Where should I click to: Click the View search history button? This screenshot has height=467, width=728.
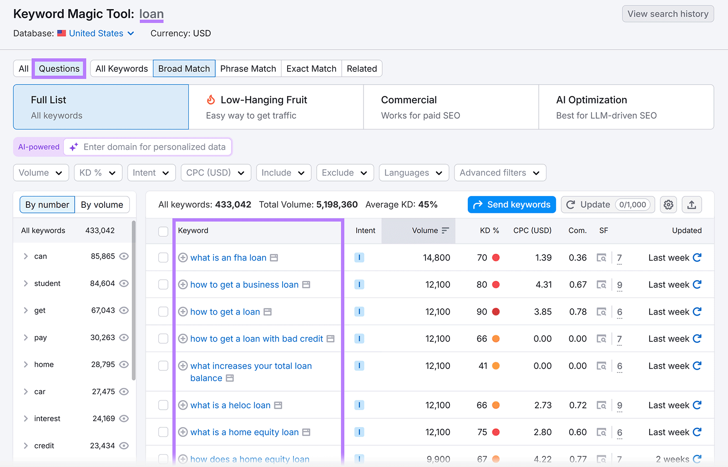(x=667, y=14)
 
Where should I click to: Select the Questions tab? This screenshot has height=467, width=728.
(x=59, y=69)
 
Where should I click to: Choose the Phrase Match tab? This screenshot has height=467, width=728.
(x=248, y=69)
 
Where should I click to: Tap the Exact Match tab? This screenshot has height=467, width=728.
(x=311, y=69)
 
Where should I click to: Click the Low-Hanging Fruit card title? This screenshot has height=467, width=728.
(x=263, y=100)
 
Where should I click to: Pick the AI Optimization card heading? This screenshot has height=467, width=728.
(x=591, y=100)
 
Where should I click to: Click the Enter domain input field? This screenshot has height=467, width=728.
(x=154, y=147)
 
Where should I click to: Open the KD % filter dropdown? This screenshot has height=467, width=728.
(x=98, y=173)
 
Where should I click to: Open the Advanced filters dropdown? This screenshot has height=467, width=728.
(x=500, y=173)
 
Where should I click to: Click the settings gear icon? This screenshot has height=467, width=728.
(x=668, y=205)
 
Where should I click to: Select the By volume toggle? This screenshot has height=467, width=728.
(x=102, y=205)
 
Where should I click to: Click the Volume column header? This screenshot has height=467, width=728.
(x=425, y=231)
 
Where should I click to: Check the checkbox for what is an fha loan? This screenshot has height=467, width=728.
(x=163, y=258)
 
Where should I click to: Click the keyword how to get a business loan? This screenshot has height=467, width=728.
(x=244, y=285)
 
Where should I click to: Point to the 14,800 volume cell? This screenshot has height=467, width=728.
(x=436, y=258)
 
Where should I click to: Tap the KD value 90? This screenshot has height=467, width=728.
(x=482, y=312)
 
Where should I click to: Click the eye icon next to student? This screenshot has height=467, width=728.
(x=124, y=283)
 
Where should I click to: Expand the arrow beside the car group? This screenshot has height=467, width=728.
(x=26, y=392)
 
